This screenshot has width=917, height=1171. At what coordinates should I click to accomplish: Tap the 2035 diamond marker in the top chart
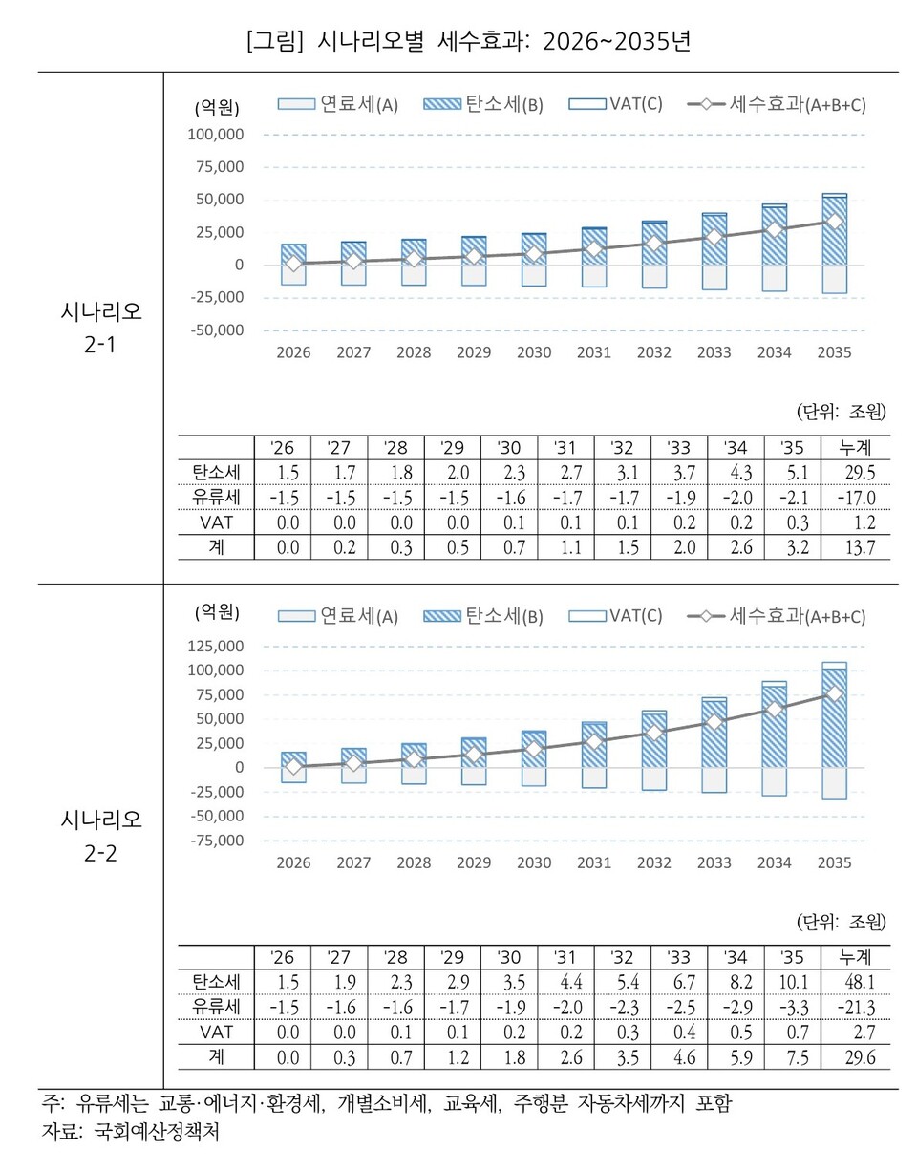[x=834, y=222]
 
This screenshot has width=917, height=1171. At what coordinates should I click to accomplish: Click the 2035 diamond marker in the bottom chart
[x=834, y=693]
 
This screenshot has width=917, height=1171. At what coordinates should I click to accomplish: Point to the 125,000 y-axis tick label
[x=219, y=646]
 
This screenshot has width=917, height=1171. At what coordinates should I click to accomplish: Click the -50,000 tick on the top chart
[x=219, y=330]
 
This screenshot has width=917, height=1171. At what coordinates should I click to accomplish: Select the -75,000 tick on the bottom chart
[x=219, y=841]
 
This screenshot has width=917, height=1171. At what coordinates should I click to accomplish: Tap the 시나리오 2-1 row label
[x=100, y=328]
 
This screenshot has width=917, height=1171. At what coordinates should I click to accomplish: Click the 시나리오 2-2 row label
[x=100, y=836]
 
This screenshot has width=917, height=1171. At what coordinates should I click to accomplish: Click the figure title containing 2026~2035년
[x=468, y=41]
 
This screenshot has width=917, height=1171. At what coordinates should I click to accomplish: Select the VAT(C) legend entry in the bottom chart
[x=615, y=615]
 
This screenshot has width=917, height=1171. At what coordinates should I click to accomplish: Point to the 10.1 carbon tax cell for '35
[x=795, y=982]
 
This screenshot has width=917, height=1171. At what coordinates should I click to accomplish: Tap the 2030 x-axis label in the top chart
[x=534, y=352]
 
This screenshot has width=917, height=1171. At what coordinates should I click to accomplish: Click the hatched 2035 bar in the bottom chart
[x=834, y=726]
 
